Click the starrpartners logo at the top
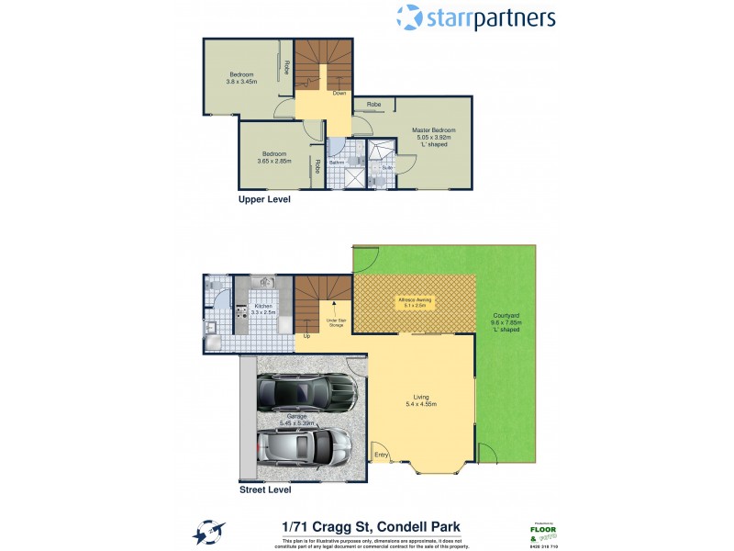(x=475, y=17)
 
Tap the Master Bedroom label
(x=434, y=136)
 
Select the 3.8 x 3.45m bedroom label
(x=241, y=76)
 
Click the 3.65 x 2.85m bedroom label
(x=273, y=157)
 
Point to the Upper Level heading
(x=264, y=198)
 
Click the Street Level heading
(x=264, y=490)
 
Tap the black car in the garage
(x=306, y=394)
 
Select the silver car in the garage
(x=304, y=446)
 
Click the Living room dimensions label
(x=421, y=400)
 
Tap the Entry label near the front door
(x=380, y=455)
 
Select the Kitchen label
(x=263, y=309)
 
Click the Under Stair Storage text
(x=334, y=322)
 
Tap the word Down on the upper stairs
(x=339, y=93)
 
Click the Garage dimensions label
(x=296, y=421)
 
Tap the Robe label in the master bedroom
(x=373, y=105)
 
